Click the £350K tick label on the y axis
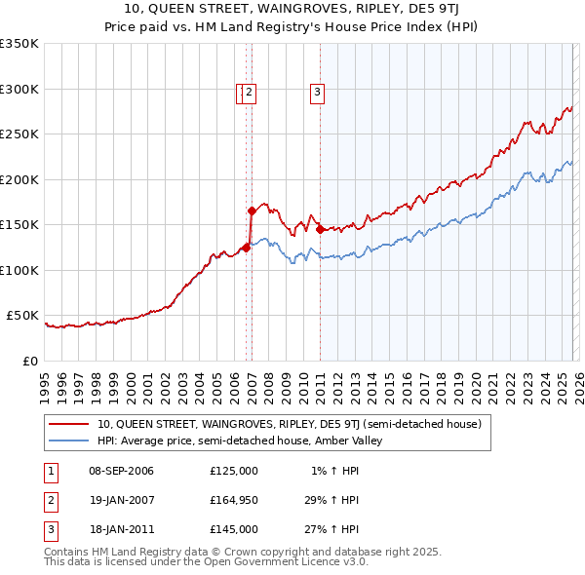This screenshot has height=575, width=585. (x=19, y=44)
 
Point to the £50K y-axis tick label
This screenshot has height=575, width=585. (x=23, y=316)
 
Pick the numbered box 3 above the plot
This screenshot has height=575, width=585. (x=318, y=94)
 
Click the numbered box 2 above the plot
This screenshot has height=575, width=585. (x=250, y=94)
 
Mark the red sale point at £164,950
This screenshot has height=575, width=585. (x=252, y=211)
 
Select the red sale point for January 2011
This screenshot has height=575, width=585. (x=321, y=229)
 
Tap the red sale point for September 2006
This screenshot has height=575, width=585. (x=246, y=248)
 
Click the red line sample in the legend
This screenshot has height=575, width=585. (x=69, y=424)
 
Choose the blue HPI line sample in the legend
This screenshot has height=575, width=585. (x=69, y=441)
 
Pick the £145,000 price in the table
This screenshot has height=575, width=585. (x=234, y=529)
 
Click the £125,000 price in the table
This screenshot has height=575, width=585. (x=234, y=471)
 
